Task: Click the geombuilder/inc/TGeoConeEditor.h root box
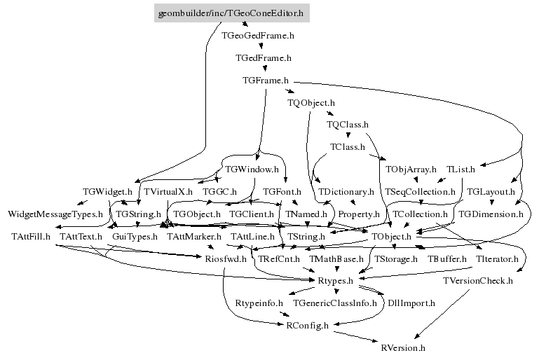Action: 232,13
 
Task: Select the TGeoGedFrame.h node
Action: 257,34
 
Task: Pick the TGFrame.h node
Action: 265,81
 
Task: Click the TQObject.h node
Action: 311,103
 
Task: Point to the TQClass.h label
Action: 348,125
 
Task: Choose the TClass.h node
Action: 348,147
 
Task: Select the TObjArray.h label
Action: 411,169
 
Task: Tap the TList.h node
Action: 460,169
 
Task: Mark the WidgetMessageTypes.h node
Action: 55,214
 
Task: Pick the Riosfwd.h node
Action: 226,259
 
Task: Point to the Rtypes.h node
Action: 335,281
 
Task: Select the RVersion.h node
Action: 402,347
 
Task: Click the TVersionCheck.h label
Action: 478,281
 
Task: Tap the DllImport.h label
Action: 411,303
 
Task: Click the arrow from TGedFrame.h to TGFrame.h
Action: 264,69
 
